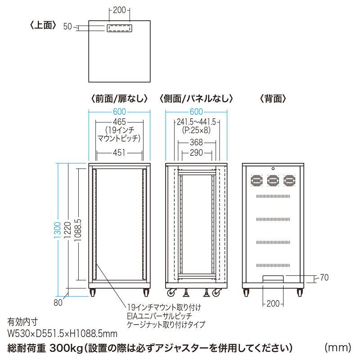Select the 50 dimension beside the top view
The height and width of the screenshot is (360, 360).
[67, 27]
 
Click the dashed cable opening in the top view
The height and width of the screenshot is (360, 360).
[119, 28]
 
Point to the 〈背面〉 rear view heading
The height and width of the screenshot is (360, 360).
[273, 98]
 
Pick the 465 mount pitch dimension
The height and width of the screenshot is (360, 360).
[119, 121]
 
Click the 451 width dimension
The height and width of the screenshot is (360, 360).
[119, 153]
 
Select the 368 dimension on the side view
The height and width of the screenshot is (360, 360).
[196, 143]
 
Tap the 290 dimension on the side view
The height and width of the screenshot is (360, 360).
[196, 153]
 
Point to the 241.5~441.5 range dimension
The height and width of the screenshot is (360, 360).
[196, 122]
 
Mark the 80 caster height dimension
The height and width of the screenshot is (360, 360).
[58, 302]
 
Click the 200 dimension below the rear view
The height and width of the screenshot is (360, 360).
[273, 303]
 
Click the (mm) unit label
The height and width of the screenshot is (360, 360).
[337, 347]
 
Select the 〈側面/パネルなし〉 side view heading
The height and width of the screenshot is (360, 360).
[196, 98]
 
